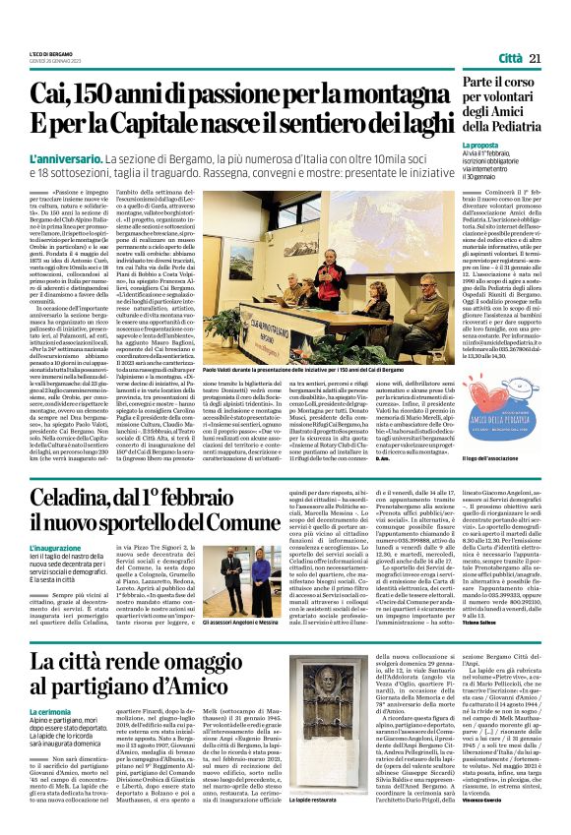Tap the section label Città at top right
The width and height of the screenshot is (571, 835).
pyautogui.click(x=509, y=59)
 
